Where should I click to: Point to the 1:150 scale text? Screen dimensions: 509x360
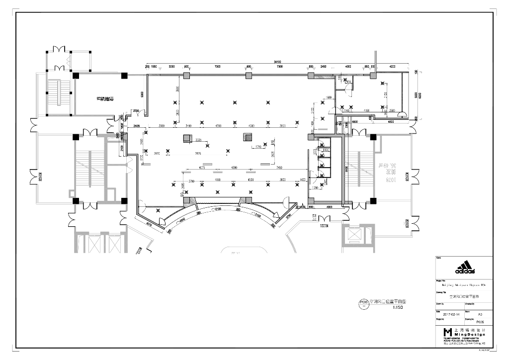[398, 308]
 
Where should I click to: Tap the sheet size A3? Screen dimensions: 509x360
[480, 314]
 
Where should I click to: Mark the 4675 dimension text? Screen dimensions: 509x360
[202, 168]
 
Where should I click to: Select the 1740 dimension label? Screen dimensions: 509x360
[258, 147]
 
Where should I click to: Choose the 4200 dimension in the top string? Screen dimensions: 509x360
[392, 66]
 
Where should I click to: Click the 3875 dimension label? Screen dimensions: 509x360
[198, 153]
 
